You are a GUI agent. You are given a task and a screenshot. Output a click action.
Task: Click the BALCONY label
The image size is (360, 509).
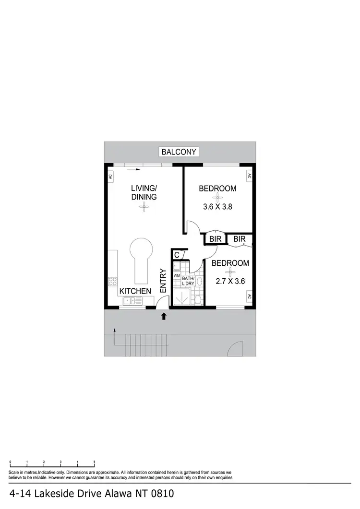coord(179,152)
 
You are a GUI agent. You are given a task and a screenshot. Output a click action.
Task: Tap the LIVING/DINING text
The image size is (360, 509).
coord(144,192)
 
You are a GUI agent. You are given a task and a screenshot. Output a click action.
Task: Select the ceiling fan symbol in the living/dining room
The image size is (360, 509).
coord(144,207)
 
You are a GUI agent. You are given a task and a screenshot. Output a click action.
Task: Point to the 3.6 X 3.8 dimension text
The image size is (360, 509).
coord(217,207)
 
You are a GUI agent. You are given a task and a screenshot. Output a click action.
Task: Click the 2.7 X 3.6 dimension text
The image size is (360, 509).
coord(230,281)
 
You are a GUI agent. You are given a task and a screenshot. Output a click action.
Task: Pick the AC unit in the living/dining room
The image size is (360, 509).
coord(110,176)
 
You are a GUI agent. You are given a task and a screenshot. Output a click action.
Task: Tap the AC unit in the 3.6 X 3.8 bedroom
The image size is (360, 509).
coord(249,176)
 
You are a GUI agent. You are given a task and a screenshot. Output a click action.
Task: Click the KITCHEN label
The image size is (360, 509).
coord(135,291)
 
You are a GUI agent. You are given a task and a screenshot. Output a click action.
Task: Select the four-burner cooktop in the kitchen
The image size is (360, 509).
coord(113,281)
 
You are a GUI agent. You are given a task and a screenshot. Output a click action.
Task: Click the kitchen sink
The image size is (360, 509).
coord(129,301)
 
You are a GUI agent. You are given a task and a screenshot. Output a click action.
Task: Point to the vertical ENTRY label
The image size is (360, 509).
coord(163,281)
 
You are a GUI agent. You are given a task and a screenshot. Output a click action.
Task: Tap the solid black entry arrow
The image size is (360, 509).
coord(164,316)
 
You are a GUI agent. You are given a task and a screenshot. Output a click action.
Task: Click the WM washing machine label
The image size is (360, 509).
coord(176,276)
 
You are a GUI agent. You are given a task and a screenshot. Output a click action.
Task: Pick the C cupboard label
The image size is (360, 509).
coord(177,255)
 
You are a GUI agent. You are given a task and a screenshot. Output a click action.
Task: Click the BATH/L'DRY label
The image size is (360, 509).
coord(188,281)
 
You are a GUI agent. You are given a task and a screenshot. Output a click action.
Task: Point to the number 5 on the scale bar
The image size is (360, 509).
coord(95,462)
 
